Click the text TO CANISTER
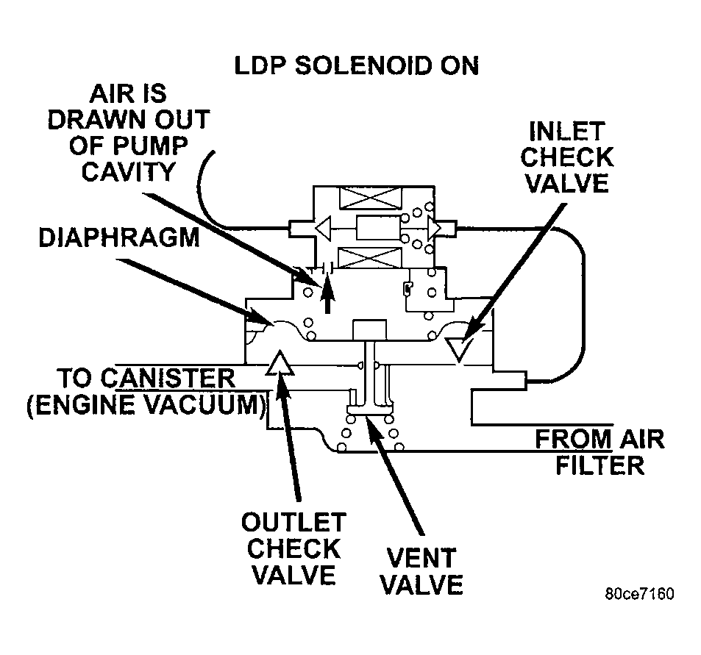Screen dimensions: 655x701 tap(146, 379)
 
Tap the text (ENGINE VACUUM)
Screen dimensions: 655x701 tap(145, 404)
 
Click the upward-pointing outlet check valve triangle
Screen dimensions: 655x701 tap(280, 364)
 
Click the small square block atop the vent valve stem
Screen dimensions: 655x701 tap(371, 329)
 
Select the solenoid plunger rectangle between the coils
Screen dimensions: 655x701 tap(377, 229)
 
